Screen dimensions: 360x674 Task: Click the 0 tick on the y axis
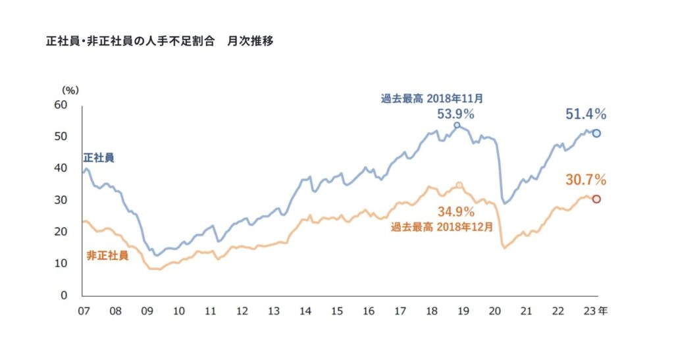pyautogui.click(x=65, y=296)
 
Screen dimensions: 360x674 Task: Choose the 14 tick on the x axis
pyautogui.click(x=305, y=309)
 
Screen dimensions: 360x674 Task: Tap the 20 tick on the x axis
pyautogui.click(x=494, y=309)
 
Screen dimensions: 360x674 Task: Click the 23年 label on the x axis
pyautogui.click(x=594, y=309)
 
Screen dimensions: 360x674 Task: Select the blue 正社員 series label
pyautogui.click(x=99, y=158)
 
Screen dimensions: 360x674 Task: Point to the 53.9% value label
pyautogui.click(x=455, y=113)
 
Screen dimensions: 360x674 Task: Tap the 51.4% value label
pyautogui.click(x=586, y=115)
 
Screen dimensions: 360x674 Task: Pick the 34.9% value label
pyautogui.click(x=456, y=212)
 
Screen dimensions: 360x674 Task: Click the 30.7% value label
pyautogui.click(x=586, y=180)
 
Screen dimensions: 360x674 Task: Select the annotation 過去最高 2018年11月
pyautogui.click(x=432, y=99)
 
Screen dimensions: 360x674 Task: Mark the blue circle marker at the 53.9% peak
pyautogui.click(x=457, y=125)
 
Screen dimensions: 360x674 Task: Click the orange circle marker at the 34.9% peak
pyautogui.click(x=459, y=186)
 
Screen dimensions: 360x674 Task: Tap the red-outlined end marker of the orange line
pyautogui.click(x=596, y=199)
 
